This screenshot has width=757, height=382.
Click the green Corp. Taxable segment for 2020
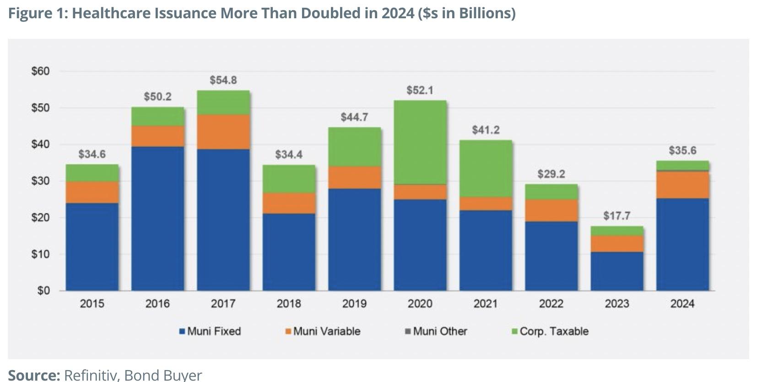[x=420, y=142]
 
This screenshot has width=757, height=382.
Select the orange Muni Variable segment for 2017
[x=223, y=132]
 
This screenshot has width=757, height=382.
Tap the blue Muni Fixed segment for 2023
[x=616, y=271]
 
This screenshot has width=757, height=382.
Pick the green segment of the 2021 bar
[x=486, y=168]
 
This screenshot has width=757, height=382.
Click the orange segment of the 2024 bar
[x=682, y=185]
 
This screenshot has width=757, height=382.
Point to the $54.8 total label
[x=223, y=80]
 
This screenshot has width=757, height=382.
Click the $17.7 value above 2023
[x=616, y=216]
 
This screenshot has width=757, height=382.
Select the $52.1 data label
[x=420, y=90]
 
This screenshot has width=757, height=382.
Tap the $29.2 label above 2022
[x=551, y=174]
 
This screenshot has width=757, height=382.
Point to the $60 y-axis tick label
[x=40, y=71]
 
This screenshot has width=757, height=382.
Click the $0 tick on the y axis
[x=43, y=291]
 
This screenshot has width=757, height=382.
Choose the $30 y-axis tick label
[x=40, y=181]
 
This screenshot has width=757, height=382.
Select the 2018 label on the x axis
[x=289, y=304]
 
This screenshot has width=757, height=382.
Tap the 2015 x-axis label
[x=92, y=304]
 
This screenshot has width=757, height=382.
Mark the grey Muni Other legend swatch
[x=408, y=331]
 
